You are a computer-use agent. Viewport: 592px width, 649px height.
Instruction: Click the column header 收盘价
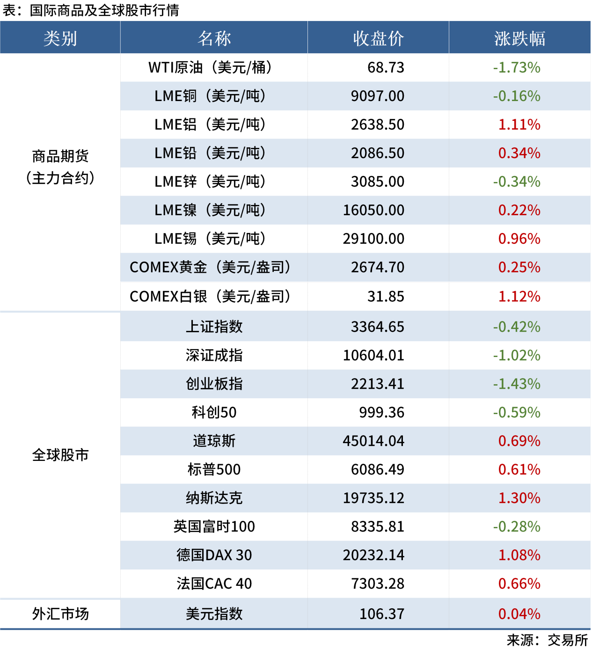click(x=378, y=38)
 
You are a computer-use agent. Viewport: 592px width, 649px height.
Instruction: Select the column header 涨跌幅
click(x=519, y=38)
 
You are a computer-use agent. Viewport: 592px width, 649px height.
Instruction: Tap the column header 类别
click(x=60, y=38)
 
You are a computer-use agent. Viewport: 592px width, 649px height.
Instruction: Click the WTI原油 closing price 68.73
click(x=386, y=67)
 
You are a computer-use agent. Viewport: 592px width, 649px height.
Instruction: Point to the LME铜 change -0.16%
click(x=517, y=96)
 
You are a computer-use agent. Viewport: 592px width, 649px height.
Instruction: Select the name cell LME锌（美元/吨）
click(x=210, y=182)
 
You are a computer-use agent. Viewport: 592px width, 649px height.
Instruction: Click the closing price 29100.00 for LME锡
click(x=373, y=239)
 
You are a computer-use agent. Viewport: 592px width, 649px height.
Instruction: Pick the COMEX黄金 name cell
click(x=210, y=267)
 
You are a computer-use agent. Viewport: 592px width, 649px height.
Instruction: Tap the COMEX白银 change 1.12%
click(x=519, y=296)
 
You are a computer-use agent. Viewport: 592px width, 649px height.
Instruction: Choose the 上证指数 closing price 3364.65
click(x=377, y=327)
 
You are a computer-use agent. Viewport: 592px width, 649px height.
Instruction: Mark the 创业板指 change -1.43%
click(x=517, y=384)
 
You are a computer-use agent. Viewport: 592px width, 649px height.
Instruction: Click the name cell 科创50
click(x=214, y=412)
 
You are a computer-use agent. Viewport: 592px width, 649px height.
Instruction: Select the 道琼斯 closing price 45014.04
click(x=373, y=441)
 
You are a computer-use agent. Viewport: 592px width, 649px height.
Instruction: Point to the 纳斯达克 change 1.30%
click(x=519, y=498)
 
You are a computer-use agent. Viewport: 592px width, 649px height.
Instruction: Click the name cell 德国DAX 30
click(x=214, y=555)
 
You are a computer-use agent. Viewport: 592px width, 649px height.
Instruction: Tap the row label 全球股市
click(x=60, y=455)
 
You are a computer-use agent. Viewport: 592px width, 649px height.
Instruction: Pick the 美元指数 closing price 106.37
click(x=381, y=614)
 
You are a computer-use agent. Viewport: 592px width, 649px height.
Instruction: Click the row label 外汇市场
click(x=60, y=614)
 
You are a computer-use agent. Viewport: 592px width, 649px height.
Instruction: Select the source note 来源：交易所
click(x=547, y=640)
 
